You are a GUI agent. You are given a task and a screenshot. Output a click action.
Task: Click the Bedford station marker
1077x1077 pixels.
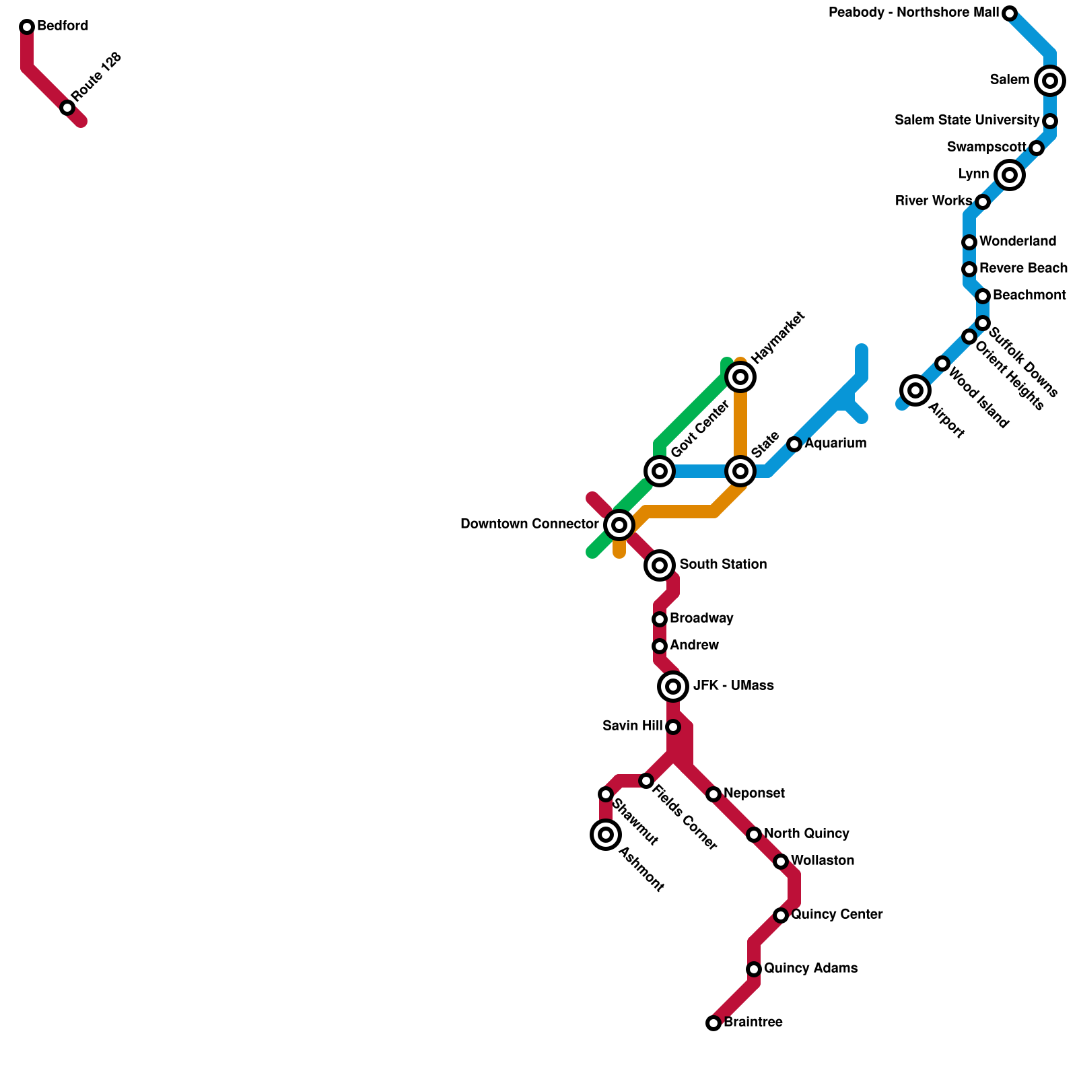pyautogui.click(x=27, y=27)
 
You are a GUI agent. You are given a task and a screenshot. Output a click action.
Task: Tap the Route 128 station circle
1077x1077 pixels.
pyautogui.click(x=67, y=108)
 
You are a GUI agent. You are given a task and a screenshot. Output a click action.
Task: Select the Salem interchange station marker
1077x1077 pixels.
pyautogui.click(x=1050, y=81)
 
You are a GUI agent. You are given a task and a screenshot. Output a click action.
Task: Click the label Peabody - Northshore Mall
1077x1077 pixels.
pyautogui.click(x=914, y=13)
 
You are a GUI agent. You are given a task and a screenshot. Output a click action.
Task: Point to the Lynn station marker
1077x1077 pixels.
pyautogui.click(x=1009, y=175)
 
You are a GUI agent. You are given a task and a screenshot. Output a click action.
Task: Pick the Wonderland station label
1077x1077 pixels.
pyautogui.click(x=1018, y=242)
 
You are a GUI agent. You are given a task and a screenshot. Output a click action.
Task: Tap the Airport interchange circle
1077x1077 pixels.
pyautogui.click(x=915, y=390)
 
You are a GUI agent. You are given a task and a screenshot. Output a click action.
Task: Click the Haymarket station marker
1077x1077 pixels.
pyautogui.click(x=740, y=377)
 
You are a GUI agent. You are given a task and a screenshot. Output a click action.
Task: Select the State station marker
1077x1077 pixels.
pyautogui.click(x=740, y=471)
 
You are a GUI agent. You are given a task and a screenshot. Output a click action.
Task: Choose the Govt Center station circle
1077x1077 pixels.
pyautogui.click(x=660, y=471)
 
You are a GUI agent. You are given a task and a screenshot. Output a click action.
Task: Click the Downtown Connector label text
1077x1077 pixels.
pyautogui.click(x=530, y=524)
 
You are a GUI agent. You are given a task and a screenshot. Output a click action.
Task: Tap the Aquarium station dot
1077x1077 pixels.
pyautogui.click(x=794, y=444)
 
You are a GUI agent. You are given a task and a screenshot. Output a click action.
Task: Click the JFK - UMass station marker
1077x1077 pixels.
pyautogui.click(x=673, y=687)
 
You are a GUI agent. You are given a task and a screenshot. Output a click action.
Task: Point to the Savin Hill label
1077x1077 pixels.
pyautogui.click(x=633, y=726)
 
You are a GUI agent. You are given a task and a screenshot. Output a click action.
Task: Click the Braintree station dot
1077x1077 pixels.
pyautogui.click(x=714, y=1023)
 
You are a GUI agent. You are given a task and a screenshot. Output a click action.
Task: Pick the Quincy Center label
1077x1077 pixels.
pyautogui.click(x=837, y=915)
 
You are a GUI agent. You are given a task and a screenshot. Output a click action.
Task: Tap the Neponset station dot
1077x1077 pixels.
pyautogui.click(x=714, y=794)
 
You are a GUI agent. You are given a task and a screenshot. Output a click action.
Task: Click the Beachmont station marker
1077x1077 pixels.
pyautogui.click(x=983, y=296)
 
